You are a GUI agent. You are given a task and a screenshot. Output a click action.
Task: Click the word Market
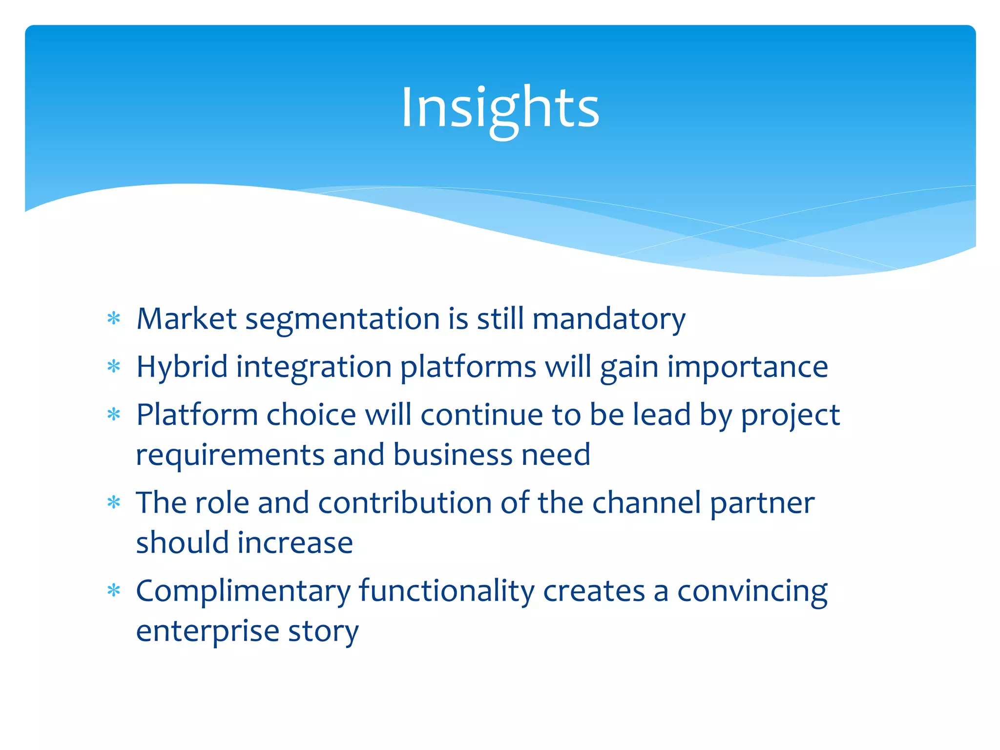pyautogui.click(x=187, y=319)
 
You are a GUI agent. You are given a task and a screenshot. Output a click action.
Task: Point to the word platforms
pyautogui.click(x=468, y=367)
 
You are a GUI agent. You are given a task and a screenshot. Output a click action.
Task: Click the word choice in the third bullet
pyautogui.click(x=311, y=415)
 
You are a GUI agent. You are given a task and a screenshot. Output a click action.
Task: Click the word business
pyautogui.click(x=453, y=455)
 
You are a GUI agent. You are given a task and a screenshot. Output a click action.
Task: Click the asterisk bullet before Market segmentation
pyautogui.click(x=114, y=319)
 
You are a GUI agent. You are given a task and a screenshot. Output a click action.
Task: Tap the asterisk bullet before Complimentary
pyautogui.click(x=114, y=591)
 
